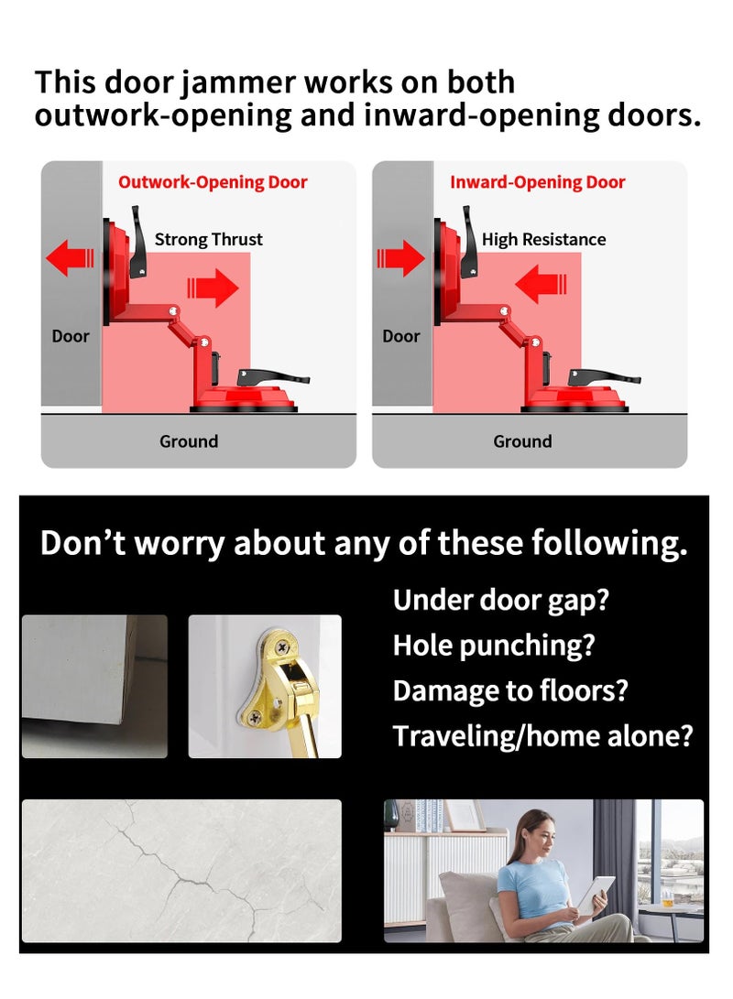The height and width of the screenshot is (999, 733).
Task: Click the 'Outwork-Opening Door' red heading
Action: [x=213, y=182]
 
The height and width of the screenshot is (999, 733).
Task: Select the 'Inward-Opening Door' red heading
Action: [x=537, y=182]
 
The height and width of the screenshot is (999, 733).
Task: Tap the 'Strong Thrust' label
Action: [x=208, y=240]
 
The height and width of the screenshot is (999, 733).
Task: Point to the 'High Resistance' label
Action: [x=543, y=240]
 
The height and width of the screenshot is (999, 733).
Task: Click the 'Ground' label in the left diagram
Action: [x=189, y=441]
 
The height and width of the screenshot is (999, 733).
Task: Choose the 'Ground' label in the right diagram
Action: [x=522, y=441]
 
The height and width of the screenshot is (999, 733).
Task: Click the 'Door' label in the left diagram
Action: [x=71, y=336]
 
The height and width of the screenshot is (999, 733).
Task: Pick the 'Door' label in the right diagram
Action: [x=401, y=336]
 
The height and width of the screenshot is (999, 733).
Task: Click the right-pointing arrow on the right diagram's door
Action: [x=400, y=257]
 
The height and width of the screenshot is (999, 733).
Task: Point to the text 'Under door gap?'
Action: [x=501, y=601]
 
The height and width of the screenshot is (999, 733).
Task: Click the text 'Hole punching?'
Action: [x=494, y=646]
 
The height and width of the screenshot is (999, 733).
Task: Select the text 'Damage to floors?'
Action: [x=510, y=690]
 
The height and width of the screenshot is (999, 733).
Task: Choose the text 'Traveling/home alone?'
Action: [x=542, y=735]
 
